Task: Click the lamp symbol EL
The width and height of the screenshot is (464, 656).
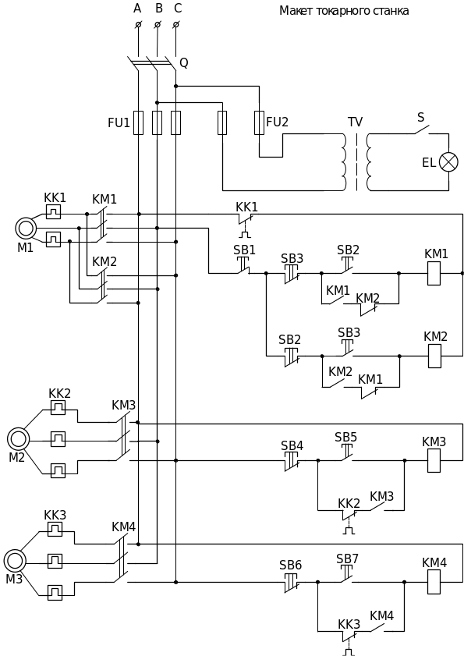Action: click(448, 162)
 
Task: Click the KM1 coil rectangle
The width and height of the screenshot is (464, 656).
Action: click(434, 274)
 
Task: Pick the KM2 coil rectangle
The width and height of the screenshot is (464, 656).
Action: click(434, 356)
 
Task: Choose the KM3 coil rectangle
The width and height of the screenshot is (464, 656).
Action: click(434, 461)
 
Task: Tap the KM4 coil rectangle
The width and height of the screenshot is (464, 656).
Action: click(434, 582)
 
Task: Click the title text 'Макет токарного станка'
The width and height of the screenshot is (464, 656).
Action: click(344, 11)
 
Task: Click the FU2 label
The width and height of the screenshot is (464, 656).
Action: click(278, 122)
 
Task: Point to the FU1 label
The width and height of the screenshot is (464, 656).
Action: click(119, 123)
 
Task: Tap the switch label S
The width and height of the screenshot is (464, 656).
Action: click(421, 118)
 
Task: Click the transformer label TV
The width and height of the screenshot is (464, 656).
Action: click(356, 122)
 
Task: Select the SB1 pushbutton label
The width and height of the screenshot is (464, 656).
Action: click(244, 250)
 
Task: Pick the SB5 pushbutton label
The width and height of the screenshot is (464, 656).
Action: click(345, 437)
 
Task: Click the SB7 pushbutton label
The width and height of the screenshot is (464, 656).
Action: click(347, 559)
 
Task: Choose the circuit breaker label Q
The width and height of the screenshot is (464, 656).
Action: click(184, 63)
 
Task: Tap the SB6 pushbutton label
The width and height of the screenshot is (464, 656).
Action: click(290, 566)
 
